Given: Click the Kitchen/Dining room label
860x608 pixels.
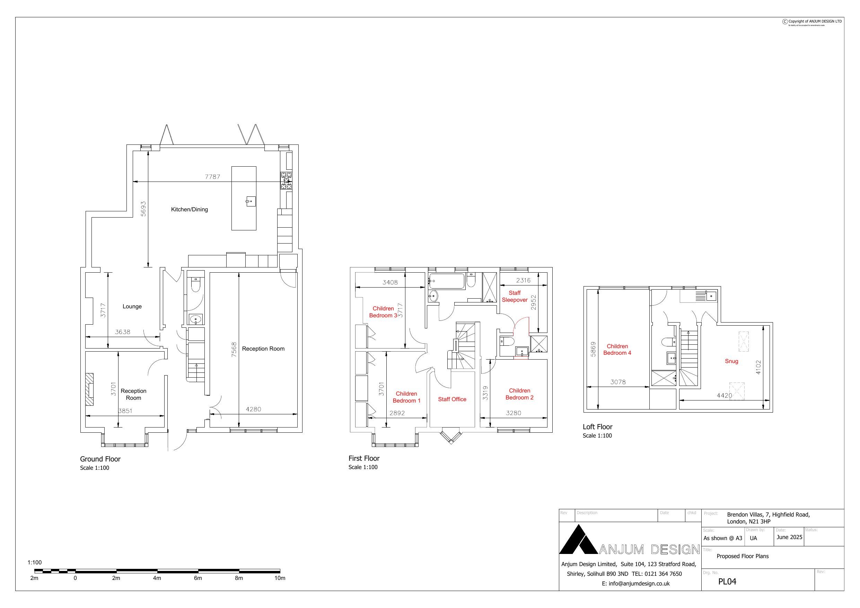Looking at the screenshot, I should click(189, 209).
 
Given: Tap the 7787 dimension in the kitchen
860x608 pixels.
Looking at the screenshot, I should click(212, 176).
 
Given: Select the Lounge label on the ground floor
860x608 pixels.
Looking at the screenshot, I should click(132, 307).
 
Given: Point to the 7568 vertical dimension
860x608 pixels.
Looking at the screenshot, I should click(234, 349).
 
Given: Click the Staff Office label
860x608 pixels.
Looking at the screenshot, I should click(452, 399).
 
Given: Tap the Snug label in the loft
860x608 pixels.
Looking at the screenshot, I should click(731, 361).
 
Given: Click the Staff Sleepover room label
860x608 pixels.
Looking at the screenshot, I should click(514, 296).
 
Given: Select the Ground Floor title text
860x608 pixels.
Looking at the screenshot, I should click(100, 459).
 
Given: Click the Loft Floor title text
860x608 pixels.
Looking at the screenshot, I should click(597, 427).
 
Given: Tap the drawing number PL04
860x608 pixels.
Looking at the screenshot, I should click(727, 581).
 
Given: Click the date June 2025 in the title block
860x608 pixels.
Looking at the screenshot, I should click(789, 537).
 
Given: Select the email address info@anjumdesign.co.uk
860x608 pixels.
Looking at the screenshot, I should click(635, 583).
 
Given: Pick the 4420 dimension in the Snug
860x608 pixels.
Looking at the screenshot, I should click(724, 396).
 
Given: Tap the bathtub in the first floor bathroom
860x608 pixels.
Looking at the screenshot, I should click(447, 281).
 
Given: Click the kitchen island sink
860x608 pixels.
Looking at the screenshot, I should click(251, 202).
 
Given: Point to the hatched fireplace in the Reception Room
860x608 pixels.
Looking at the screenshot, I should click(89, 389).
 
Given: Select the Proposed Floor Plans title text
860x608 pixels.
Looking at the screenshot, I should click(743, 556).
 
